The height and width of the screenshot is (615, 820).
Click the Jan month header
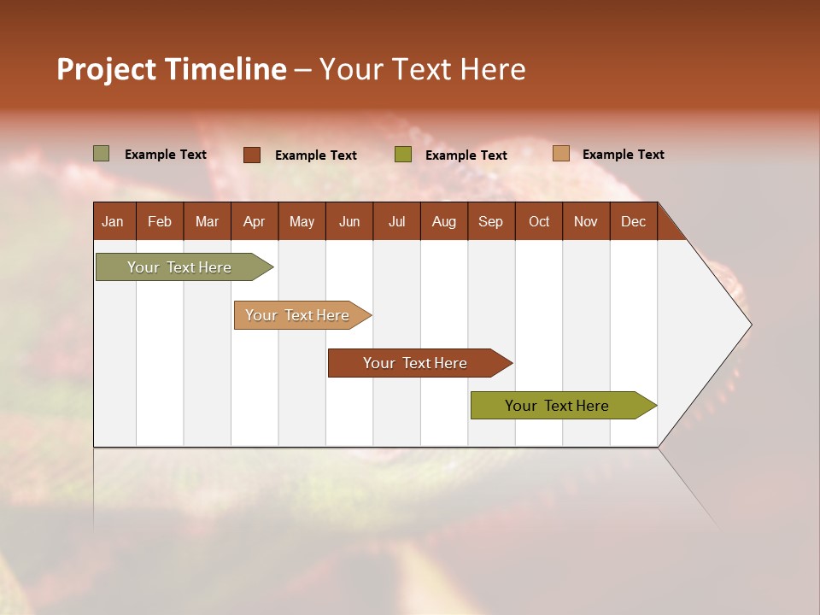[113, 221]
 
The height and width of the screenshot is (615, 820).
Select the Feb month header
[160, 221]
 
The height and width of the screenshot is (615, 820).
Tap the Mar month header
[207, 221]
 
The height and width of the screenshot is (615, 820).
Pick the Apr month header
[254, 221]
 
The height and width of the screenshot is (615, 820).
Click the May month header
[302, 221]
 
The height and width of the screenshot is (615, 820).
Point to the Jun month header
[349, 221]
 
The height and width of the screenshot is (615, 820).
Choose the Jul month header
[396, 221]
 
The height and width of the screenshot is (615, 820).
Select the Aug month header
[443, 221]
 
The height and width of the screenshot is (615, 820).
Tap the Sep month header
[490, 221]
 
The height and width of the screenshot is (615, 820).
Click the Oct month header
[539, 221]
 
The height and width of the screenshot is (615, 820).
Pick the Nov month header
[586, 221]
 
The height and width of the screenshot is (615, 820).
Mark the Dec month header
[633, 221]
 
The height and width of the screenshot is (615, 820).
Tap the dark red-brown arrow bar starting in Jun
[416, 363]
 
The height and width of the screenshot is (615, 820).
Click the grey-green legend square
[102, 154]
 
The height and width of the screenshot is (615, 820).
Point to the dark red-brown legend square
[252, 155]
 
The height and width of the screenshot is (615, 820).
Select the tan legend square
[561, 154]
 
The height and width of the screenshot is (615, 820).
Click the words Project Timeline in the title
[172, 69]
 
